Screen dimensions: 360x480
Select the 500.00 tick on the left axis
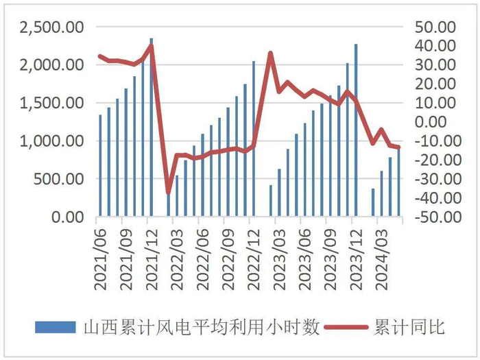(x=59, y=179)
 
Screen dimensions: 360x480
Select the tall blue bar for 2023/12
(x=356, y=130)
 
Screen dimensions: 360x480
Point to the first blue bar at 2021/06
(x=100, y=165)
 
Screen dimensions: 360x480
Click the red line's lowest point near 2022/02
(x=169, y=193)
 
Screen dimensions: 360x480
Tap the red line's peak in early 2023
(x=271, y=53)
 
